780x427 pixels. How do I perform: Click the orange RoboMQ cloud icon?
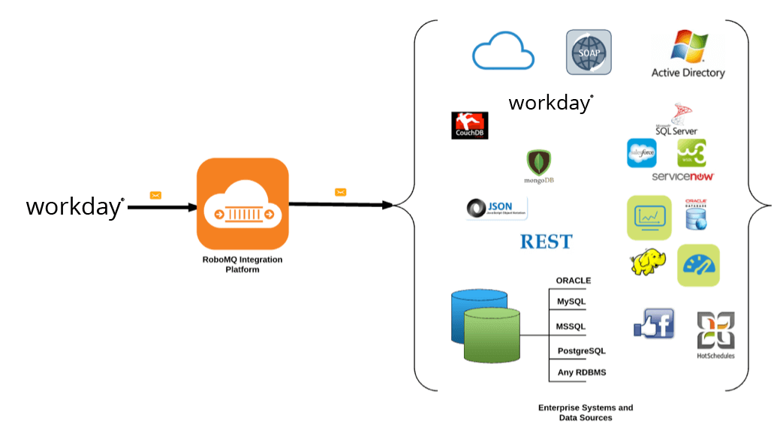tap(242, 203)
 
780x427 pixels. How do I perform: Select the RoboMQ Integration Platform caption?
tap(242, 264)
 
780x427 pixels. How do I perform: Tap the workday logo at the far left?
tap(75, 206)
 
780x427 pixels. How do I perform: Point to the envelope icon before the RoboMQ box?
tap(155, 195)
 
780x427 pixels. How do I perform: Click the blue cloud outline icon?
tap(503, 53)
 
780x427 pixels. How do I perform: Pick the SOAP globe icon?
tap(588, 52)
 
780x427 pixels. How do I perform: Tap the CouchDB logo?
tap(470, 125)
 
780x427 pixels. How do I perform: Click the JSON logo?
tap(496, 209)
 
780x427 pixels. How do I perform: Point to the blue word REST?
tap(546, 242)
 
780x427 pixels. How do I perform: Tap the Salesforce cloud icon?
tap(641, 153)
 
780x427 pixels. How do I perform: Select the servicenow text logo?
tap(682, 176)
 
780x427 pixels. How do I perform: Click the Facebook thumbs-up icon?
tap(654, 324)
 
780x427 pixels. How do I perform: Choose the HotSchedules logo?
tap(715, 335)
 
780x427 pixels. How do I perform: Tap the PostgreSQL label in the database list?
tap(580, 350)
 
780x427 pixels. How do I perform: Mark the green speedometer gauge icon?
tap(698, 265)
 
